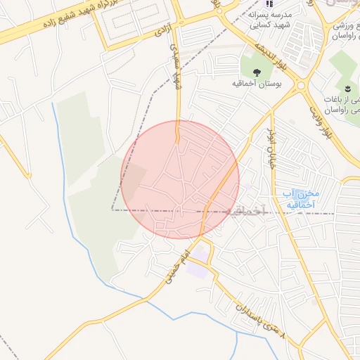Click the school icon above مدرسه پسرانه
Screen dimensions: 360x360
pyautogui.click(x=269, y=4)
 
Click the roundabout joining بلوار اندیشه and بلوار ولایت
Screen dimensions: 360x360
pyautogui.click(x=302, y=85)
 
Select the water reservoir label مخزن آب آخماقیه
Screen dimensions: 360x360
pyautogui.click(x=298, y=198)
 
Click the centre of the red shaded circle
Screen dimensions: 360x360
pyautogui.click(x=180, y=179)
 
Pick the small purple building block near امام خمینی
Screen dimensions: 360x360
pyautogui.click(x=199, y=271)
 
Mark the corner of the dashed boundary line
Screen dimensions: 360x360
pyautogui.click(x=112, y=210)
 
